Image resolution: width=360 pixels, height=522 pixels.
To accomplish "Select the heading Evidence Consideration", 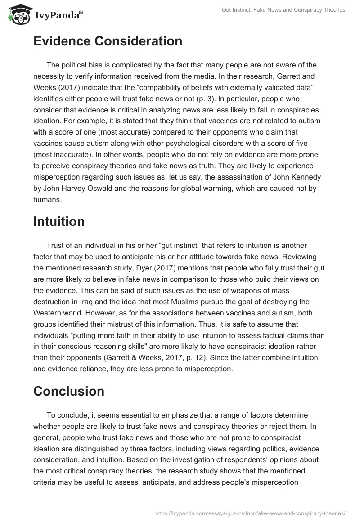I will (x=108, y=41).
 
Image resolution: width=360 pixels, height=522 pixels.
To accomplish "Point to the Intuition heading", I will (x=59, y=221).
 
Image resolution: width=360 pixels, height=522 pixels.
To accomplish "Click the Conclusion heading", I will (x=69, y=391).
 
